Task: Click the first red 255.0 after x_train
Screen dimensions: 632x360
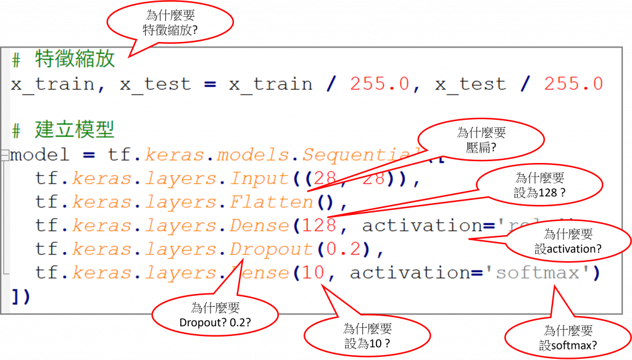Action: coord(379,85)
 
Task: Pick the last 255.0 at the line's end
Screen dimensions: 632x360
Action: coord(573,85)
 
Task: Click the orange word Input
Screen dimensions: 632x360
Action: coord(259,179)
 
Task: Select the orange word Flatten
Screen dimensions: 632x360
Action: coord(272,202)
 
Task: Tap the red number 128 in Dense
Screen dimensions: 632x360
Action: coord(319,225)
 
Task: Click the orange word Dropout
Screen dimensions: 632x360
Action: coord(272,249)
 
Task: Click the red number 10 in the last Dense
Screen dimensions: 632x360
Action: coord(314,272)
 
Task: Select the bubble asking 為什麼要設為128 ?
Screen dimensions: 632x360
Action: coord(539,185)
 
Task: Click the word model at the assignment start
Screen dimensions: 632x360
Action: coord(40,154)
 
